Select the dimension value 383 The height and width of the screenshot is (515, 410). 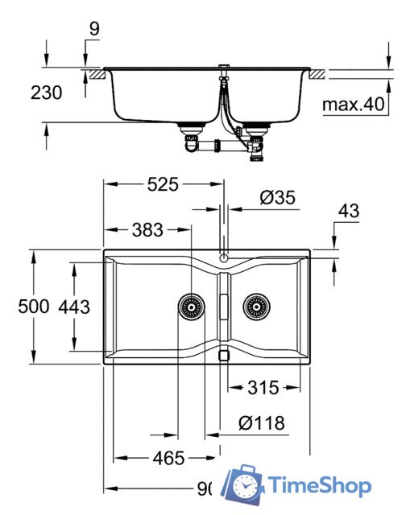coord(147,230)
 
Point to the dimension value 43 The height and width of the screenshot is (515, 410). coord(349,212)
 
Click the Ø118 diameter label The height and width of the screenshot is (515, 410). coord(262,422)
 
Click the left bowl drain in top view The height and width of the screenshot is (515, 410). coord(191,306)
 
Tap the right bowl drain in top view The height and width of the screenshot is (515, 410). coord(256,306)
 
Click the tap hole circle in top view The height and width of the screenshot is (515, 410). coord(224,258)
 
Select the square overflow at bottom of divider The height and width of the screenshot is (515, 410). coord(224,353)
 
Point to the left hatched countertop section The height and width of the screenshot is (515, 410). coord(94,73)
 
